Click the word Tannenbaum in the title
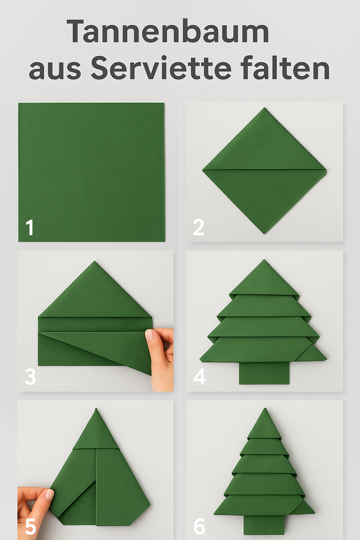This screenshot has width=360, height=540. pyautogui.click(x=168, y=32)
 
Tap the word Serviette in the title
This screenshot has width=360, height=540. pyautogui.click(x=161, y=68)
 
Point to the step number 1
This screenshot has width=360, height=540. pyautogui.click(x=30, y=227)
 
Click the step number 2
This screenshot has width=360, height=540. pyautogui.click(x=199, y=227)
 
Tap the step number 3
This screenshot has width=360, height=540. pyautogui.click(x=30, y=377)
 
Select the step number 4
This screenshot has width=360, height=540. pyautogui.click(x=199, y=377)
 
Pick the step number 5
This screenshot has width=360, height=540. pyautogui.click(x=30, y=526)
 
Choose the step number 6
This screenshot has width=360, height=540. pyautogui.click(x=199, y=526)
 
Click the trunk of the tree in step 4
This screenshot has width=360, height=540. pyautogui.click(x=264, y=373)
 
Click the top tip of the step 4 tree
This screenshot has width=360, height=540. pyautogui.click(x=264, y=260)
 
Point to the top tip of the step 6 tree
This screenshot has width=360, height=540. pyautogui.click(x=265, y=409)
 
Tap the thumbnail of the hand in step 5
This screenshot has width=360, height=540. pyautogui.click(x=49, y=495)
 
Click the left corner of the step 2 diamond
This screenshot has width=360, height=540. pyautogui.click(x=203, y=170)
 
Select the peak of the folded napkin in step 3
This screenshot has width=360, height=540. pyautogui.click(x=95, y=262)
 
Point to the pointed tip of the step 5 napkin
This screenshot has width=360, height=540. pyautogui.click(x=96, y=409)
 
